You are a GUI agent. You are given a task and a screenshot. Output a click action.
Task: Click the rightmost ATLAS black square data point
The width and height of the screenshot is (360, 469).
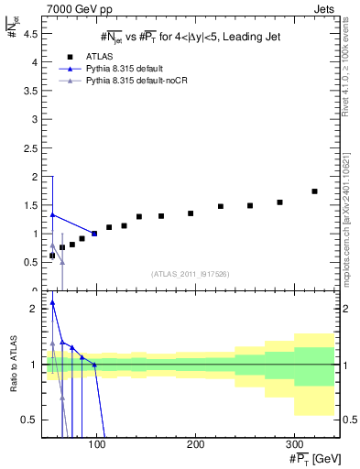(x=314, y=191)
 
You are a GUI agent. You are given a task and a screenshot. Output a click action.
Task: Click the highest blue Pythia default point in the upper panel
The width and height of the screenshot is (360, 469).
(x=52, y=214)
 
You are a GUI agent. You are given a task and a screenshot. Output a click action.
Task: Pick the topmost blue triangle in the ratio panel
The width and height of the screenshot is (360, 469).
(x=52, y=303)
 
